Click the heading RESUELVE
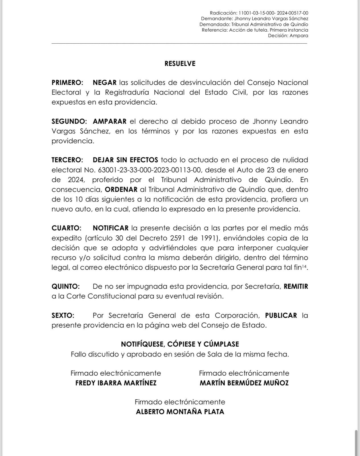pyautogui.click(x=180, y=64)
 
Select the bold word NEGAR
pyautogui.click(x=105, y=83)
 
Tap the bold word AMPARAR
pyautogui.click(x=109, y=121)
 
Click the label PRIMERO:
pyautogui.click(x=67, y=83)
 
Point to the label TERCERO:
pyautogui.click(x=67, y=160)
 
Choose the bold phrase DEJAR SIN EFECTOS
pyautogui.click(x=125, y=160)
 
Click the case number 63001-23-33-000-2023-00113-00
pyautogui.click(x=150, y=170)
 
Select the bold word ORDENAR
pyautogui.click(x=121, y=190)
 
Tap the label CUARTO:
pyautogui.click(x=66, y=228)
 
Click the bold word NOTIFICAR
pyautogui.click(x=111, y=228)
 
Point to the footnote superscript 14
pyautogui.click(x=304, y=266)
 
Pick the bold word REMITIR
pyautogui.click(x=296, y=286)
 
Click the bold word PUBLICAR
pyautogui.click(x=281, y=315)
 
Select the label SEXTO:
pyautogui.click(x=63, y=315)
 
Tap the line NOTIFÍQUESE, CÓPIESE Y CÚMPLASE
pyautogui.click(x=180, y=344)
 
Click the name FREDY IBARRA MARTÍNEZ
pyautogui.click(x=116, y=383)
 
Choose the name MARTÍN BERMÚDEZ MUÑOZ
pyautogui.click(x=244, y=383)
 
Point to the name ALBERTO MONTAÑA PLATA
pyautogui.click(x=180, y=412)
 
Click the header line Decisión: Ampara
pyautogui.click(x=288, y=36)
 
